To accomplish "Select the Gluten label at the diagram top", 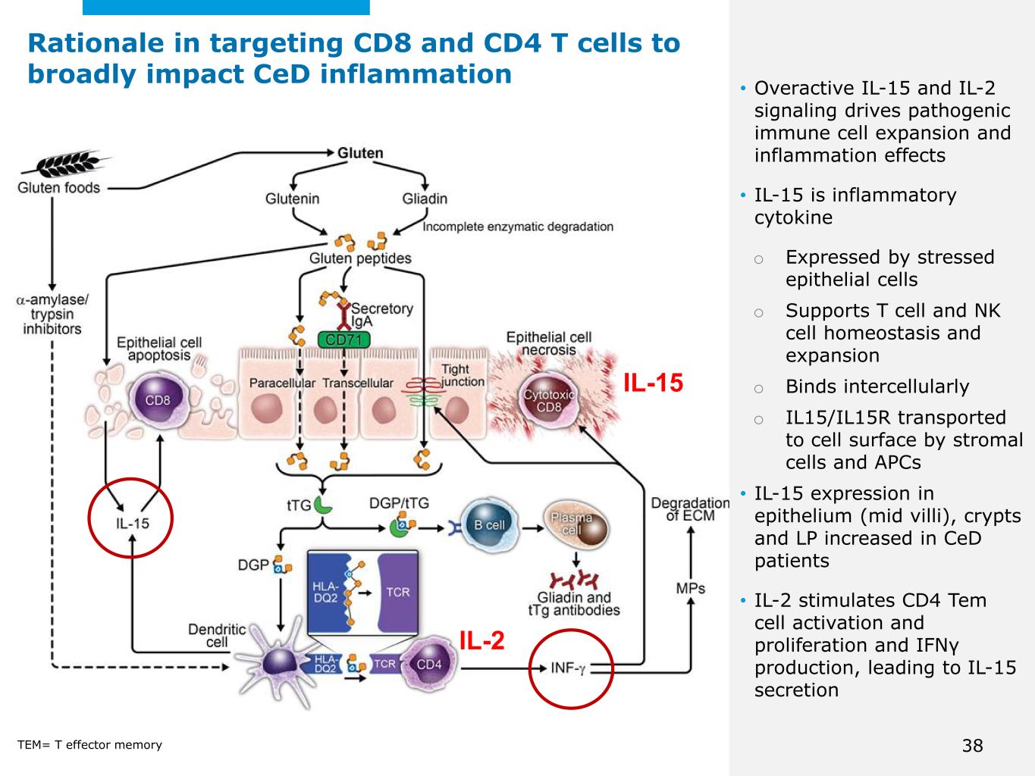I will click(x=360, y=153).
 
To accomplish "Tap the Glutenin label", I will click(x=292, y=199).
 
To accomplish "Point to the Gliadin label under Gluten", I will click(x=425, y=199).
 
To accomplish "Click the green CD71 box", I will click(x=343, y=340).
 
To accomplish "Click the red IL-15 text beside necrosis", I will click(x=653, y=383).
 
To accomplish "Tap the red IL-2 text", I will click(x=481, y=641).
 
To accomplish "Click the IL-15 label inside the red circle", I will click(x=132, y=524).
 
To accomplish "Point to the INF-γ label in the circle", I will click(x=568, y=668).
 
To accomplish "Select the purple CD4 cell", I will click(x=427, y=665).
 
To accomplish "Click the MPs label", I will click(x=690, y=588).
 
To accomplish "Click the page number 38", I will click(x=972, y=746).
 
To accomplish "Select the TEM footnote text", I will click(x=89, y=745).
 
